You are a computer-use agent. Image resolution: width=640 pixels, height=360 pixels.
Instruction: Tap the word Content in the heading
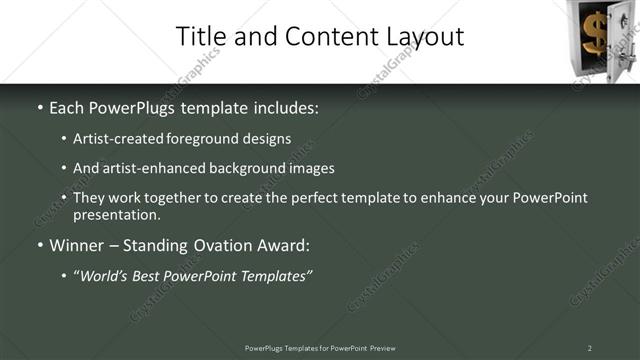pyautogui.click(x=320, y=36)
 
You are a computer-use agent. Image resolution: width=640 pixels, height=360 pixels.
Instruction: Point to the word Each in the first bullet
pyautogui.click(x=68, y=107)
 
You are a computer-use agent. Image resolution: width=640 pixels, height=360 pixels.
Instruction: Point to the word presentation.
pyautogui.click(x=116, y=214)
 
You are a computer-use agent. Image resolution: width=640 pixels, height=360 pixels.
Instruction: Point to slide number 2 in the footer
pyautogui.click(x=589, y=347)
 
